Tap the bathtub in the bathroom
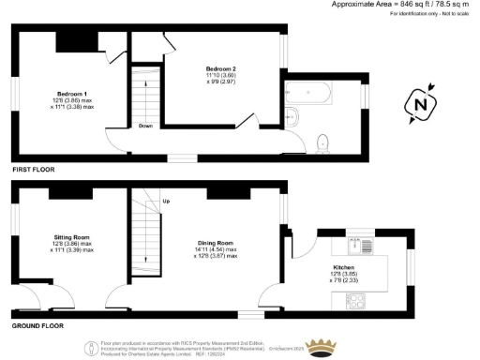310,94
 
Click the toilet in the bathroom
323,142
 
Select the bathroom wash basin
291,117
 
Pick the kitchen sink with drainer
360,248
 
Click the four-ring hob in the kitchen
357,301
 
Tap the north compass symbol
421,104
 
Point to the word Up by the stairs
167,202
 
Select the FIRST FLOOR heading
34,170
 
